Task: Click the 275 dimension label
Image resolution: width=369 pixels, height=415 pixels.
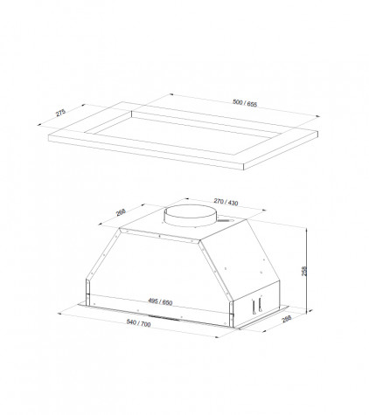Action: (x=61, y=113)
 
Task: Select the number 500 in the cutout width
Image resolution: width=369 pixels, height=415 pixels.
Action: (x=238, y=101)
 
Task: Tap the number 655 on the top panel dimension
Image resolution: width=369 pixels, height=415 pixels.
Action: (x=253, y=104)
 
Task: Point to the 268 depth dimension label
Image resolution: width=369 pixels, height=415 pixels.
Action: (x=121, y=212)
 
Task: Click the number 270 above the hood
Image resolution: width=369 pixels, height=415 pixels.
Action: (x=219, y=201)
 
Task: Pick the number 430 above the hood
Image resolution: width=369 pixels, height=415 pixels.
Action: (x=233, y=203)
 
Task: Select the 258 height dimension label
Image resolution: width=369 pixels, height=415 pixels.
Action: (x=304, y=271)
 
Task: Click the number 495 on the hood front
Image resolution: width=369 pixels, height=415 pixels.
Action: (x=153, y=301)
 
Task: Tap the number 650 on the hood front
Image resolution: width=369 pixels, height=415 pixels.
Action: (x=168, y=303)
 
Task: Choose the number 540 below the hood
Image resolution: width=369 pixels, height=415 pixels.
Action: (x=132, y=322)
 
